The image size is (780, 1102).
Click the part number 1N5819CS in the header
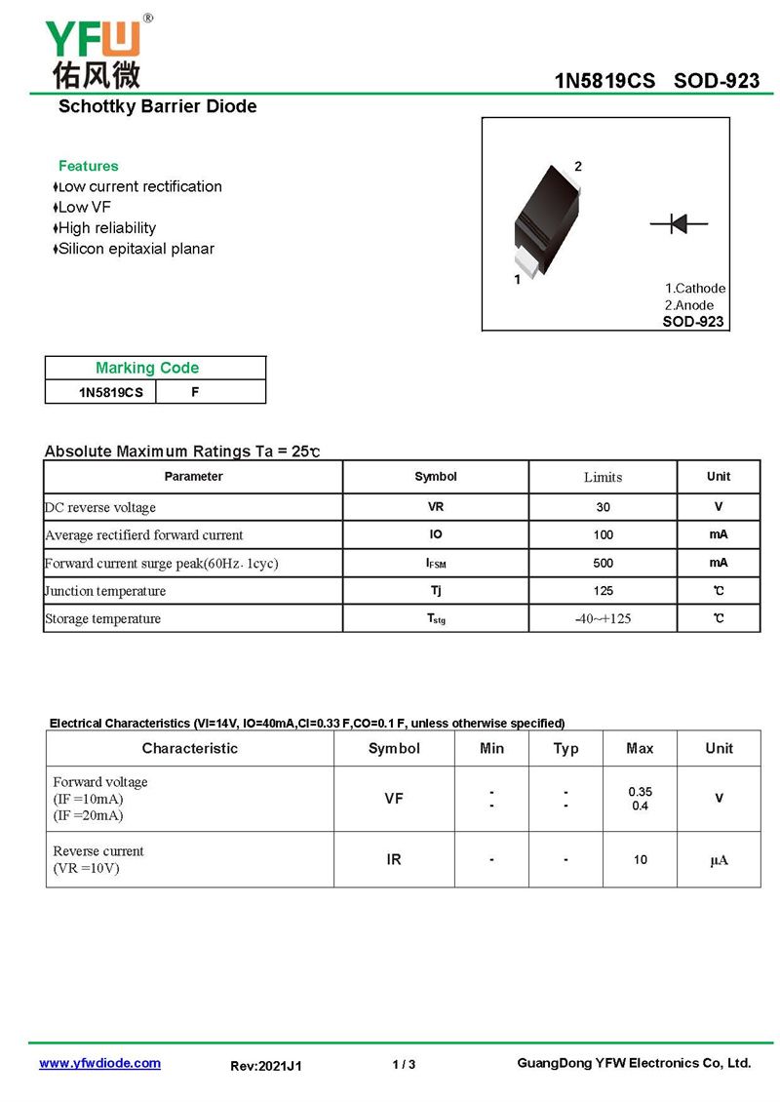click(604, 80)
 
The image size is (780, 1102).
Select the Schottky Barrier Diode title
click(157, 106)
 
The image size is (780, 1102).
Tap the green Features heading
click(88, 166)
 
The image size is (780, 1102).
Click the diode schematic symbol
click(679, 224)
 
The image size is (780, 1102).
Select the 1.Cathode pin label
click(695, 289)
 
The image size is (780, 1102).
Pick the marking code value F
click(195, 392)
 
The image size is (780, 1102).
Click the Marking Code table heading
click(146, 368)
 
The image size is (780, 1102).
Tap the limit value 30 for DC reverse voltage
click(603, 507)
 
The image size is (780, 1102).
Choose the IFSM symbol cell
click(435, 563)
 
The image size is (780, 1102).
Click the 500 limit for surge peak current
click(603, 563)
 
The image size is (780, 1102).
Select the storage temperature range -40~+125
click(603, 618)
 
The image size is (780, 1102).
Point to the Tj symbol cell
click(435, 590)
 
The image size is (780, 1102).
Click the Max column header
click(640, 748)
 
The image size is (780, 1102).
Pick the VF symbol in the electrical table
click(394, 798)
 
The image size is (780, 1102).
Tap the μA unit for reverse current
click(719, 859)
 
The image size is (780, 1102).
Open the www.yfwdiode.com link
click(99, 1063)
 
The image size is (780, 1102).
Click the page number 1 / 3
click(404, 1064)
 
